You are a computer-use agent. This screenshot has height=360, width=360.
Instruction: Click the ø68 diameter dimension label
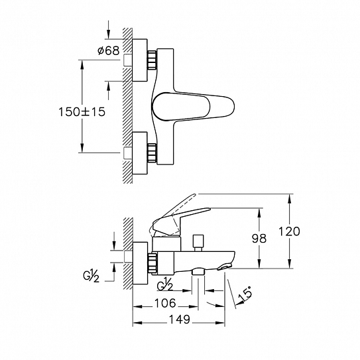[x=109, y=50]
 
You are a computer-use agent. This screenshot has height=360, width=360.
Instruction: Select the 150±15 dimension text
[x=82, y=112]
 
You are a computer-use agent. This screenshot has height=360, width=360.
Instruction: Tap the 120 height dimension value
[x=289, y=231]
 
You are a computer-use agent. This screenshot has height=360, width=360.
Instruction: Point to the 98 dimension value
[x=259, y=238]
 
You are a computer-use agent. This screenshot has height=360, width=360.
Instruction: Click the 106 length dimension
[x=165, y=303]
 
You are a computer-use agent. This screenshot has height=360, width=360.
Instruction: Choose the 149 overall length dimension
[x=180, y=319]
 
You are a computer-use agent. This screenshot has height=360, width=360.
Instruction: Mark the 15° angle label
[x=245, y=294]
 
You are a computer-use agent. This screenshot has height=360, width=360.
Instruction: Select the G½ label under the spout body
[x=165, y=284]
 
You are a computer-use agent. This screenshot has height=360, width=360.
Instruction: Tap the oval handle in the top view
[x=194, y=106]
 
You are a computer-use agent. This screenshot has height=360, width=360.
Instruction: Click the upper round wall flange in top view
[x=140, y=60]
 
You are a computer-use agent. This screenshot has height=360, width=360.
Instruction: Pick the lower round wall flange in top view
[x=140, y=153]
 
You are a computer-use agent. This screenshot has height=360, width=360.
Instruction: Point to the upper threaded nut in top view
[x=152, y=60]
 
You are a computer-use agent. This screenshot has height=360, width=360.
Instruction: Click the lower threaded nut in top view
[x=152, y=153]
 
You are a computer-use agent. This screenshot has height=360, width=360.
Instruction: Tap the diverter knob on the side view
[x=198, y=243]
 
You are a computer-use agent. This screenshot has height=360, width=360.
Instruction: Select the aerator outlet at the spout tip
[x=225, y=267]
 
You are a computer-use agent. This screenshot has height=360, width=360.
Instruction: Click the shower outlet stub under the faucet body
[x=198, y=272]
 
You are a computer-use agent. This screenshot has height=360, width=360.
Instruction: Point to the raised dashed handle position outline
[x=174, y=213]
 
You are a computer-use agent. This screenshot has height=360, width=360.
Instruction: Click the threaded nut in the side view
[x=152, y=263]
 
